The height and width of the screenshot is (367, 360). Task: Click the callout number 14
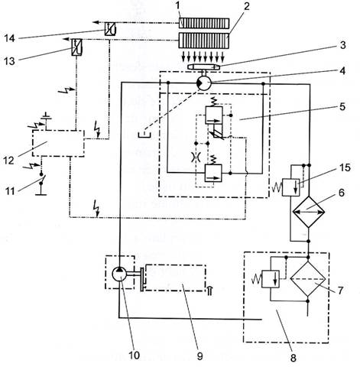click(x=9, y=38)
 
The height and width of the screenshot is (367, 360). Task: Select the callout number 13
click(x=9, y=61)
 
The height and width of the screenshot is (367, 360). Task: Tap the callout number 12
click(x=8, y=161)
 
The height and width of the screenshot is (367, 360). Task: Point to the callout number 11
click(x=10, y=191)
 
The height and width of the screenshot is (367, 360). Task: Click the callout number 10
click(x=134, y=355)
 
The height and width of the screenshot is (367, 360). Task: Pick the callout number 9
click(x=199, y=356)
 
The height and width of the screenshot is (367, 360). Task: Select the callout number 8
click(x=294, y=358)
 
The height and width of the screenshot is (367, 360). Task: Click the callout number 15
click(x=345, y=167)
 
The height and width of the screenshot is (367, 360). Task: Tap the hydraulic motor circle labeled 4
click(x=204, y=83)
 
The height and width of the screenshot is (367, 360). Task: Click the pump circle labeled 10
click(x=119, y=274)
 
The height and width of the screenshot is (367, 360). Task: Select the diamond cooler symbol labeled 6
click(x=309, y=212)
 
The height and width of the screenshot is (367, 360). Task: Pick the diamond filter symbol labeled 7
click(x=308, y=279)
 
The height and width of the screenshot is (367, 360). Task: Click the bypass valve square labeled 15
click(x=291, y=187)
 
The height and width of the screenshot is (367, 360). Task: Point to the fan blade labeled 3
click(x=203, y=67)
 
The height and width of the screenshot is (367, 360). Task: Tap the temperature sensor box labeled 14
click(x=111, y=29)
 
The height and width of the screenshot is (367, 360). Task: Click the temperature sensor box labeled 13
click(x=76, y=47)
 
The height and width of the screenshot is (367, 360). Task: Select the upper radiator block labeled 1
click(x=204, y=23)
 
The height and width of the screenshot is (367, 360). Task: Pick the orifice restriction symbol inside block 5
click(x=196, y=157)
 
